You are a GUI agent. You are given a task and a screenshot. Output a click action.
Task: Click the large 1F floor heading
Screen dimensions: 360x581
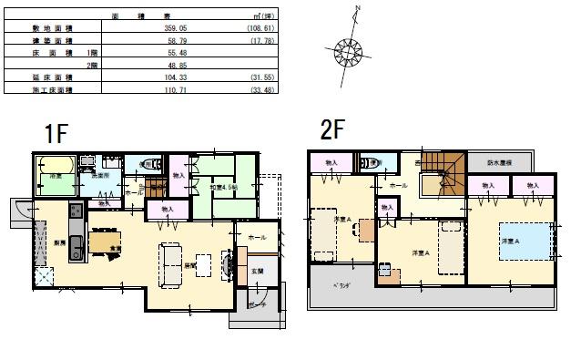(57, 132)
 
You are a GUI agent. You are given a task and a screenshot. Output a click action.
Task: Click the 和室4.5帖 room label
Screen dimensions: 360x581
(222, 188)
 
